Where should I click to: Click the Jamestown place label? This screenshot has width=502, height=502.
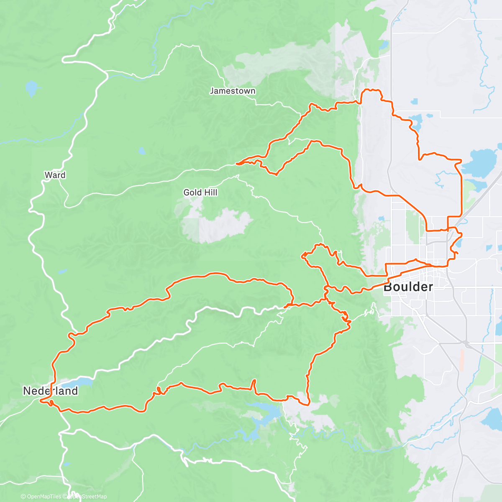pos(232,91)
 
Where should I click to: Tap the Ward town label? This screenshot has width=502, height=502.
pos(55,175)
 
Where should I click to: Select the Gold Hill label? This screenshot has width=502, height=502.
pos(200,192)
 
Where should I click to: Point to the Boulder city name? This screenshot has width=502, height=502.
pos(408,287)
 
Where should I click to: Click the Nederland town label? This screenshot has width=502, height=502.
pos(50,391)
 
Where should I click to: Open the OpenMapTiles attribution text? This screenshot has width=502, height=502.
pos(41,497)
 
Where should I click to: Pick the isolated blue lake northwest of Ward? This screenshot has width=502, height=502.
pos(31,88)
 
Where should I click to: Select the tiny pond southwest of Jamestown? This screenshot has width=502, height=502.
pos(142,151)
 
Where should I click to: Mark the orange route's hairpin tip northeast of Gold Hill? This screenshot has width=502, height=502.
pos(237,164)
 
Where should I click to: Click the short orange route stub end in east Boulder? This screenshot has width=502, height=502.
pos(458,253)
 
